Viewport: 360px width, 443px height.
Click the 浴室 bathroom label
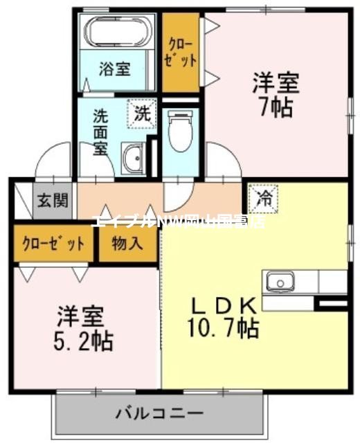pos(114,69)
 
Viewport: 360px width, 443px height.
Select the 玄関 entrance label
pos(53,201)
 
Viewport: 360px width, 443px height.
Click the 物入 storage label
pos(128,244)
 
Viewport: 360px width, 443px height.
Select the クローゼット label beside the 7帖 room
pos(181,52)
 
